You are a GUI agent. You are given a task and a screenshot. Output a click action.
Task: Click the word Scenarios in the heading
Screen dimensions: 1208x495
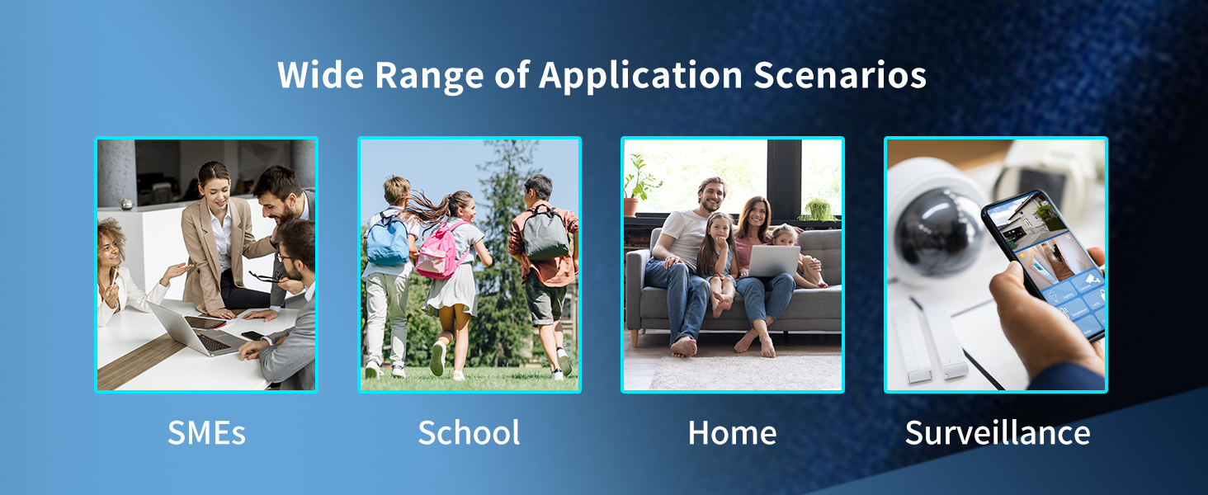point(840,75)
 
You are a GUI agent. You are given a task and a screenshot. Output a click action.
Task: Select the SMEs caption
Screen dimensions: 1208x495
point(206,432)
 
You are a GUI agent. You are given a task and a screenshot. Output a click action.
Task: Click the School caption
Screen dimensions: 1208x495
point(470,432)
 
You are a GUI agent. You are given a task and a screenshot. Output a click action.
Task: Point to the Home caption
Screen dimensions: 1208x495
point(733,432)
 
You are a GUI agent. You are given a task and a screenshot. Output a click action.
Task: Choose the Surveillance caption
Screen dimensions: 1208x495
point(998,432)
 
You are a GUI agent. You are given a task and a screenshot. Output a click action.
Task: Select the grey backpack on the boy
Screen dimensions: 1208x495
point(545,233)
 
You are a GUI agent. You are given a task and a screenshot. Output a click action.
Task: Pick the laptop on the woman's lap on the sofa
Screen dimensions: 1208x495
point(773,261)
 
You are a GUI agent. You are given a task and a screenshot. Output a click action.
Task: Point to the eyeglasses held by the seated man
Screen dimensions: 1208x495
point(267,276)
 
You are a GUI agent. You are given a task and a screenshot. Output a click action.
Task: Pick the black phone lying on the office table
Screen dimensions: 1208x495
point(254,336)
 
